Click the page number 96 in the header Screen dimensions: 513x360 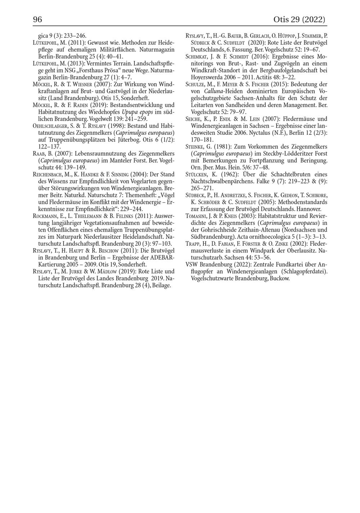[37, 19]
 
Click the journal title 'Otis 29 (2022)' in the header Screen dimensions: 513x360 [299, 19]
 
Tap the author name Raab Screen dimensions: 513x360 [39, 153]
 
